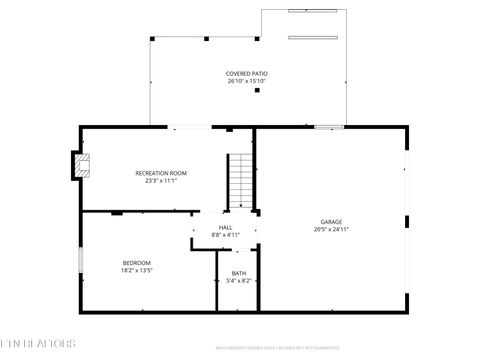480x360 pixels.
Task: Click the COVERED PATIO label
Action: [246, 73]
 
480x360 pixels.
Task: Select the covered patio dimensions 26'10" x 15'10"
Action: [246, 81]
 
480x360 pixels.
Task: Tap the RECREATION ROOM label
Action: [161, 173]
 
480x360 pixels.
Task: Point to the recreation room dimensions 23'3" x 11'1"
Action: [161, 181]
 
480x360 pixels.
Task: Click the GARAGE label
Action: [331, 221]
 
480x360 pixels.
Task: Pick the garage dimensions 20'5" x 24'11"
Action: [331, 229]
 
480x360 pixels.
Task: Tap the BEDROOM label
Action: [136, 262]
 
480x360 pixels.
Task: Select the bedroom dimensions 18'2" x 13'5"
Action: [136, 270]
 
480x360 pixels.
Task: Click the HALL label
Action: [226, 227]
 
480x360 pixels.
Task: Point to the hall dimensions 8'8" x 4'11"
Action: [226, 235]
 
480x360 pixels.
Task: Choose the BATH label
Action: [239, 273]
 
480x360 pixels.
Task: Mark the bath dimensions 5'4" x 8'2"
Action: [239, 281]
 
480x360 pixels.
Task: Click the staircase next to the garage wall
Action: [240, 181]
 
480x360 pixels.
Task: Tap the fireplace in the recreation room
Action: [80, 166]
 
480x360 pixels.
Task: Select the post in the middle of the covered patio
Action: [258, 91]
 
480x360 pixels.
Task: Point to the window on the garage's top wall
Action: [329, 127]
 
